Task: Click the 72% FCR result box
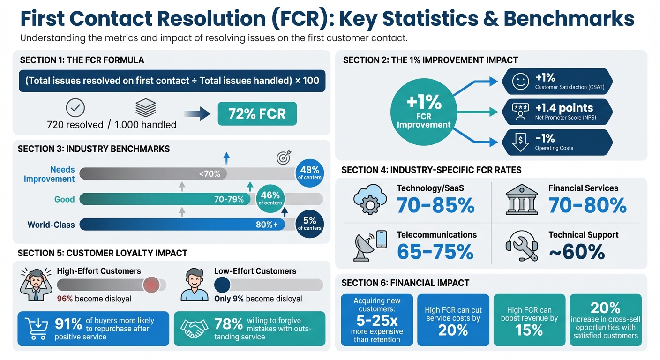[257, 113]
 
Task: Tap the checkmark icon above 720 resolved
[75, 108]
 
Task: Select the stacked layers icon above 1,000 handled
[145, 108]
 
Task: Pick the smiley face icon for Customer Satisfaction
[520, 82]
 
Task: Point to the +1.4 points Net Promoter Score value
[564, 108]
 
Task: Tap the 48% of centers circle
[309, 172]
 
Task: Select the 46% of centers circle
[270, 198]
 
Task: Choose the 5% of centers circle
[309, 223]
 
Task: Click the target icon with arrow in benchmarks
[283, 157]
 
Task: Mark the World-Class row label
[51, 225]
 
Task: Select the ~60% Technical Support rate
[577, 252]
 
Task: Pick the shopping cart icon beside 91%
[36, 328]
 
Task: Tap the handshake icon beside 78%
[194, 328]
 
